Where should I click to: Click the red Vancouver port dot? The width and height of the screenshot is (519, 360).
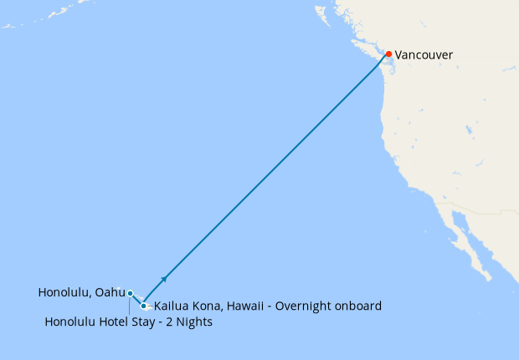(x=388, y=54)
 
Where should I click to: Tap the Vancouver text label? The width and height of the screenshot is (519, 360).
(x=424, y=55)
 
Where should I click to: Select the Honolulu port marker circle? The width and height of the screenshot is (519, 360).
(x=130, y=293)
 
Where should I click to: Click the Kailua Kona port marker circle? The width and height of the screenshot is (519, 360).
(x=144, y=306)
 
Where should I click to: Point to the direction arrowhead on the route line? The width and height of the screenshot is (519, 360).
(x=165, y=278)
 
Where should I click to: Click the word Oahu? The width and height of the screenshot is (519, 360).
(x=110, y=293)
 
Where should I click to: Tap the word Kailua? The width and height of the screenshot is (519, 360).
(x=171, y=306)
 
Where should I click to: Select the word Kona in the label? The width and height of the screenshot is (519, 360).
(x=206, y=306)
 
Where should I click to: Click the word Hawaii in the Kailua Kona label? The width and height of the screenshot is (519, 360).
(x=244, y=306)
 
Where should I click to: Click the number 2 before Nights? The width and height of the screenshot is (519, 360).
(x=175, y=322)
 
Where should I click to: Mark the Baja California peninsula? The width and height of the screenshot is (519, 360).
(x=469, y=243)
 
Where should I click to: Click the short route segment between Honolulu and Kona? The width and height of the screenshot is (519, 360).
(x=136, y=299)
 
